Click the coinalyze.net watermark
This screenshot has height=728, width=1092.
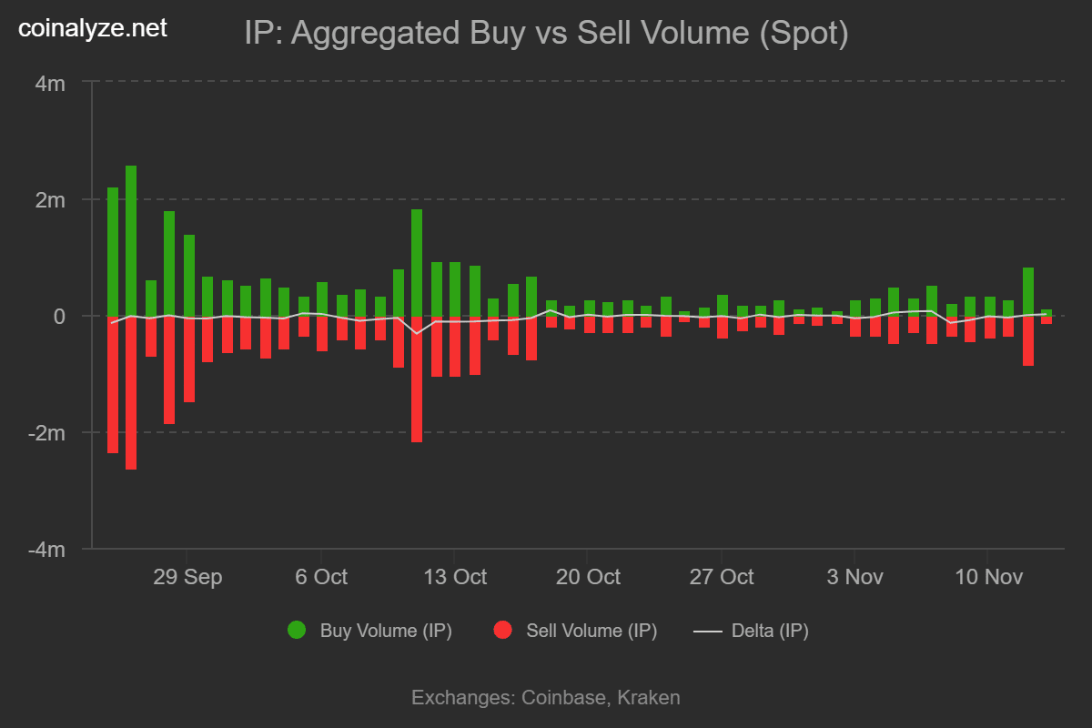(94, 28)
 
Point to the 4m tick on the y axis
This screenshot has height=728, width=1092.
(49, 83)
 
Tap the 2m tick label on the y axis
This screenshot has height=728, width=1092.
(49, 199)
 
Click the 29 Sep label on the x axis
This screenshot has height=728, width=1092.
(187, 577)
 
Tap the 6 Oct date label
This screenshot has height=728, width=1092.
(320, 577)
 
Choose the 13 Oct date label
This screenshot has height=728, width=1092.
(454, 577)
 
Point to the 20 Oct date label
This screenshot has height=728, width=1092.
(588, 577)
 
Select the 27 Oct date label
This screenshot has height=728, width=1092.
(721, 577)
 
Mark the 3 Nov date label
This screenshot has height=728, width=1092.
(854, 577)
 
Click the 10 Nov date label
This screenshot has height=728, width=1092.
(987, 577)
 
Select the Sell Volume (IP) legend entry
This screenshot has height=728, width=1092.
(575, 630)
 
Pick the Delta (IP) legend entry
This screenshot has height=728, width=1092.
(752, 630)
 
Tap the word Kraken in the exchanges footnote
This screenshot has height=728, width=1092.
(649, 698)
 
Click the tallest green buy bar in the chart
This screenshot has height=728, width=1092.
(131, 240)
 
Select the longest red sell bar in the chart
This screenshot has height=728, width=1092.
(131, 392)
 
